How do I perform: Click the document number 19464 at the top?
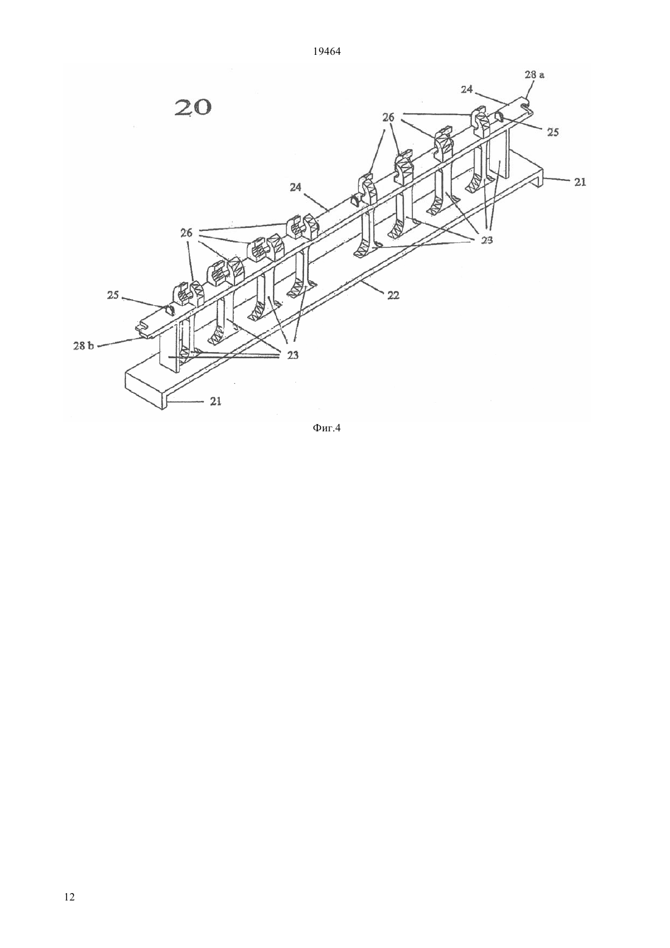[x=326, y=52]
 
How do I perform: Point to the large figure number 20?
[x=193, y=107]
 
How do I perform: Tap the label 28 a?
[x=534, y=75]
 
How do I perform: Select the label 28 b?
[x=83, y=345]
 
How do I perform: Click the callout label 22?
[x=393, y=295]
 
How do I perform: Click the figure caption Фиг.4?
[x=326, y=428]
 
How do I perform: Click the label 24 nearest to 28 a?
[x=467, y=90]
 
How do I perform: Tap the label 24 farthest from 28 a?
[x=295, y=186]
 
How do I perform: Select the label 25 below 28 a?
[x=552, y=132]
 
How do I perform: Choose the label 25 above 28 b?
[x=113, y=295]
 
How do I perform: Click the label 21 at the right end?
[x=580, y=182]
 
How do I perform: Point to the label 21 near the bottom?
[x=216, y=401]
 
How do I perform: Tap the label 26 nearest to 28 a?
[x=389, y=117]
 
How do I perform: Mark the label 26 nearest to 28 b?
[x=186, y=233]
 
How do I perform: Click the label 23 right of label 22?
[x=487, y=240]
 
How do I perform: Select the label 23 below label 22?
[x=293, y=355]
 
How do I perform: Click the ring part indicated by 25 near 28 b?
[x=170, y=311]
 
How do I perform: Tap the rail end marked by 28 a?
[x=526, y=105]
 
